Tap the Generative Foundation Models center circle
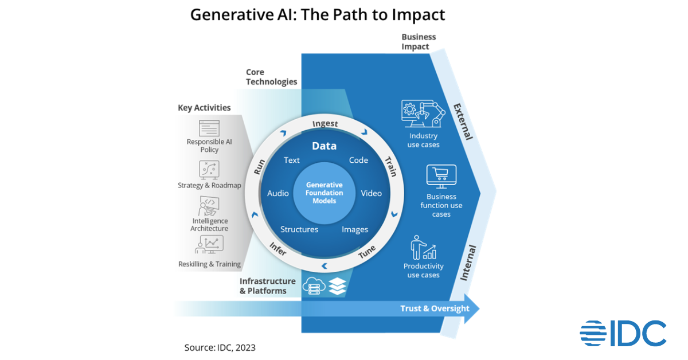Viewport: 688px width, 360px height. coord(325,193)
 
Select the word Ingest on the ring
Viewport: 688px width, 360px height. coord(325,124)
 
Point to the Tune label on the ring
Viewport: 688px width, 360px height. coord(368,252)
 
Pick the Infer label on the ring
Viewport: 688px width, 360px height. coord(278,248)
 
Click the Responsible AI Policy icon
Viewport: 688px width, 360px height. coord(210,128)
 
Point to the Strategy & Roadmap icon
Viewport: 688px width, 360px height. coord(210,170)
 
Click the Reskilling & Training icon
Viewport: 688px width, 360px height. coord(209,245)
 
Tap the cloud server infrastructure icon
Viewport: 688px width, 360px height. coord(315,285)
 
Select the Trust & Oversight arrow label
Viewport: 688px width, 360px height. coord(435,308)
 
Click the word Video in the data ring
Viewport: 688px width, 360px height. coord(371,193)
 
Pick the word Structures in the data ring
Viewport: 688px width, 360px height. coord(299,229)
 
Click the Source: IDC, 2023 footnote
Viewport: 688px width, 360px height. coord(220,347)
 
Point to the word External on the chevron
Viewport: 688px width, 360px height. coord(463,122)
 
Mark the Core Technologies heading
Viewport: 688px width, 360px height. coord(272,77)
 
